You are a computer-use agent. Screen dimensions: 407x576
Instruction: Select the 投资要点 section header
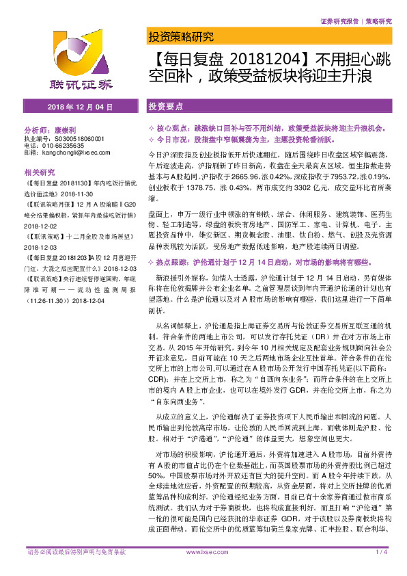tap(166, 107)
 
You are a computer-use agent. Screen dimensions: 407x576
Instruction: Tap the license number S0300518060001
tap(74, 138)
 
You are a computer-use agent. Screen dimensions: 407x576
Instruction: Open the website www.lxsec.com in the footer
tap(203, 570)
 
